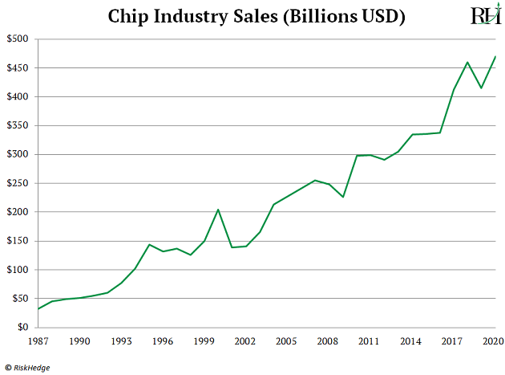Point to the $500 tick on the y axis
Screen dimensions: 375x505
pyautogui.click(x=17, y=39)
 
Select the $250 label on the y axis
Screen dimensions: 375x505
pyautogui.click(x=17, y=183)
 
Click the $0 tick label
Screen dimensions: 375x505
pyautogui.click(x=22, y=328)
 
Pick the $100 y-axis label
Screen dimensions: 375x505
pyautogui.click(x=17, y=270)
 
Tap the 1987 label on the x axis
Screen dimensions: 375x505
pyautogui.click(x=38, y=341)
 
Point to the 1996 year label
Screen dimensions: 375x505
pyautogui.click(x=163, y=341)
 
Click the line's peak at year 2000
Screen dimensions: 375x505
pyautogui.click(x=218, y=210)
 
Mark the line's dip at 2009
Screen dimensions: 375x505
pyautogui.click(x=343, y=197)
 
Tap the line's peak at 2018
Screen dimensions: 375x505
pyautogui.click(x=467, y=62)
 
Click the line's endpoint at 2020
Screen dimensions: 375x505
pyautogui.click(x=495, y=56)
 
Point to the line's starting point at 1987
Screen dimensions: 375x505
pyautogui.click(x=38, y=309)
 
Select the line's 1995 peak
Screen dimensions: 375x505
pyautogui.click(x=149, y=244)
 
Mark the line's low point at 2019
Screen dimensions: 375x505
pyautogui.click(x=482, y=88)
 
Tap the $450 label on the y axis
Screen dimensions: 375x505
pyautogui.click(x=17, y=68)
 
